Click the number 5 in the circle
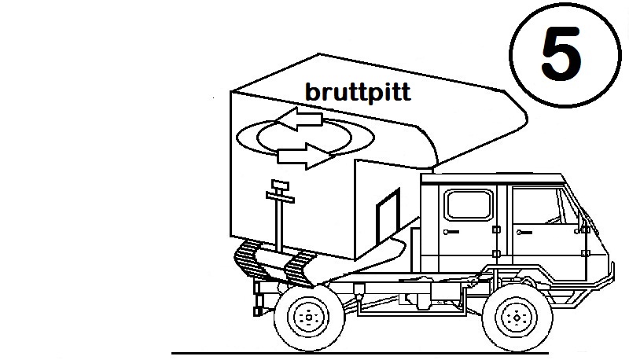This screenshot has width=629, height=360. click(x=562, y=49)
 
